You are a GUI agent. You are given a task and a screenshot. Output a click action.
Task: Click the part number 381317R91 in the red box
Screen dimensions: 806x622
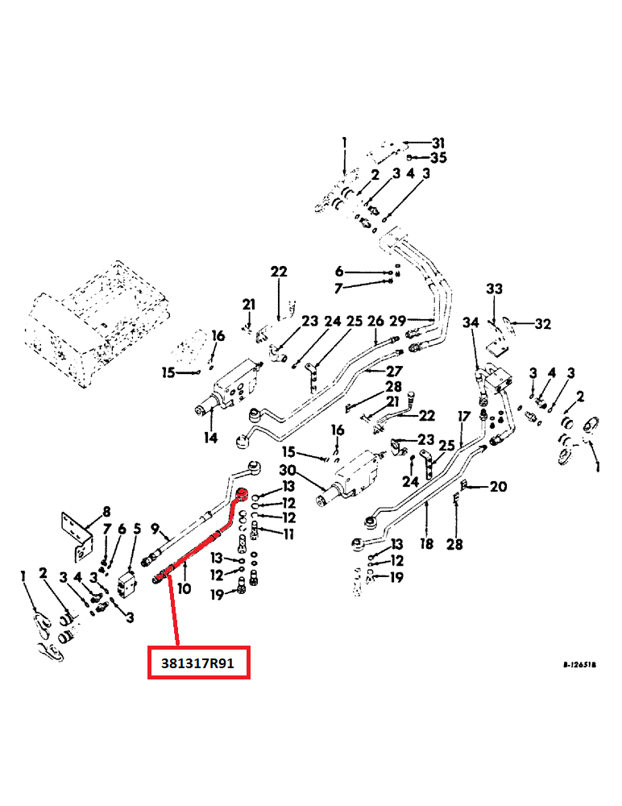coord(199,662)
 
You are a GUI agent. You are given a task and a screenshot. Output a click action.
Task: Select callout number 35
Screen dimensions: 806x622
coord(438,157)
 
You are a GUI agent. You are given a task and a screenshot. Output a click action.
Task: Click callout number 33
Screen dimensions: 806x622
coord(493,289)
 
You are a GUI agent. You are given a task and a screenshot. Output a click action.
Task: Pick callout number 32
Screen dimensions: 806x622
coord(542,324)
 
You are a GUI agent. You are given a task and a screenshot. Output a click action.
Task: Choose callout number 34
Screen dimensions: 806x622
coord(471,323)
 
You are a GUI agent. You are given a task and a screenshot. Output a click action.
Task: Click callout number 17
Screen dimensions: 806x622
coord(464,417)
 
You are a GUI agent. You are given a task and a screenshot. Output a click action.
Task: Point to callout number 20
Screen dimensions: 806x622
coord(499,486)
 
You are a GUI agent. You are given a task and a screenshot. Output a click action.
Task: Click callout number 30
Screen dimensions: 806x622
coord(288,471)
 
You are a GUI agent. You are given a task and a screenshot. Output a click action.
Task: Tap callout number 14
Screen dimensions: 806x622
coord(210,438)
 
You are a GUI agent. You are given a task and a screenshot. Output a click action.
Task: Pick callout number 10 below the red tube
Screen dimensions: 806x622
coord(184,588)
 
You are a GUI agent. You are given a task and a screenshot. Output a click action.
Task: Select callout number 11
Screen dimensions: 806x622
coord(287,534)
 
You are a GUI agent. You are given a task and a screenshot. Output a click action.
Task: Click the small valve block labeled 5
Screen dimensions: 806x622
coord(126,584)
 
